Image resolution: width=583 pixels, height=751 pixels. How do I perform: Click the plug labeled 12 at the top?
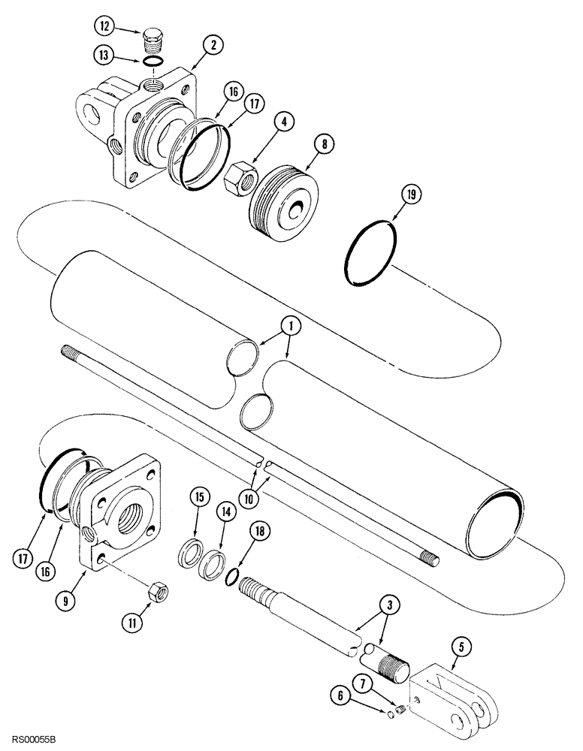152,38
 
